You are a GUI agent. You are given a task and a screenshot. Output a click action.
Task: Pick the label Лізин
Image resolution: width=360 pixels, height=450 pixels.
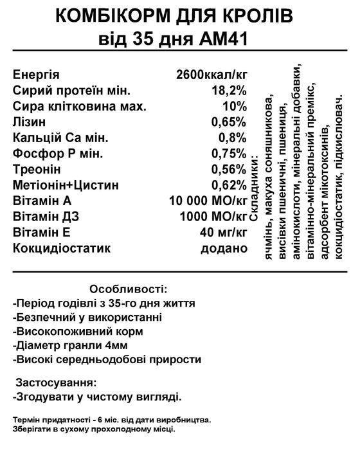30,121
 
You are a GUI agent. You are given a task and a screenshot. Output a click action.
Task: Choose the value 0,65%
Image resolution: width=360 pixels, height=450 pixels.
229,121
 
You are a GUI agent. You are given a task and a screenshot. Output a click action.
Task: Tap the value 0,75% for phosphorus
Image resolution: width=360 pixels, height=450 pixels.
229,153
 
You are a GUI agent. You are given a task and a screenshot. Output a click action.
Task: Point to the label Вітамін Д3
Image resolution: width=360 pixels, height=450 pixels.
45,216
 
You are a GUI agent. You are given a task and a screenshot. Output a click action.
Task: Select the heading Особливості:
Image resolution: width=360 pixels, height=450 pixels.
129,287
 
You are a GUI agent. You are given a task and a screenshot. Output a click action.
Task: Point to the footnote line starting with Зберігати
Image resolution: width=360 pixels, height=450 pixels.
93,428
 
